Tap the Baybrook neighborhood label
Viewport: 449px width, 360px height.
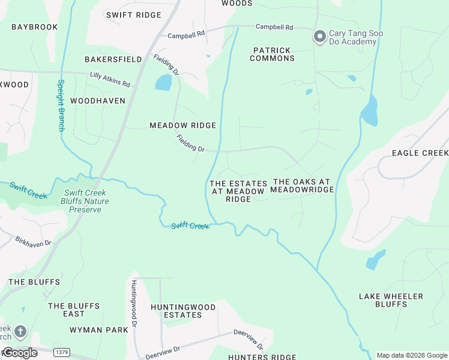tap(34, 27)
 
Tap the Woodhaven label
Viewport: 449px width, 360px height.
tap(98, 101)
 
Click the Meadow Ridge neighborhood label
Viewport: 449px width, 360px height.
tap(182, 125)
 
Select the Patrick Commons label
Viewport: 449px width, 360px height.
tap(273, 55)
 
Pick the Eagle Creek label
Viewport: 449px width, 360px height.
tap(420, 153)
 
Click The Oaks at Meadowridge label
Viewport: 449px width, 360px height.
tap(302, 185)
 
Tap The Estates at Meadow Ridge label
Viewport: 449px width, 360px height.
tap(238, 191)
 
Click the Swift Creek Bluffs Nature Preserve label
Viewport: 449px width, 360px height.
tap(86, 202)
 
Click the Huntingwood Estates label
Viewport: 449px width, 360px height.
tap(183, 311)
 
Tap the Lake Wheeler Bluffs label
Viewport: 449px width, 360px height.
tap(391, 300)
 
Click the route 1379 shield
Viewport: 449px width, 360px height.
tap(61, 352)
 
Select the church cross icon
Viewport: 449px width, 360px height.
tap(20, 331)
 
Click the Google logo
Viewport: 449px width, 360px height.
tap(19, 353)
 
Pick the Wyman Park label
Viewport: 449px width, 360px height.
tap(99, 330)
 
